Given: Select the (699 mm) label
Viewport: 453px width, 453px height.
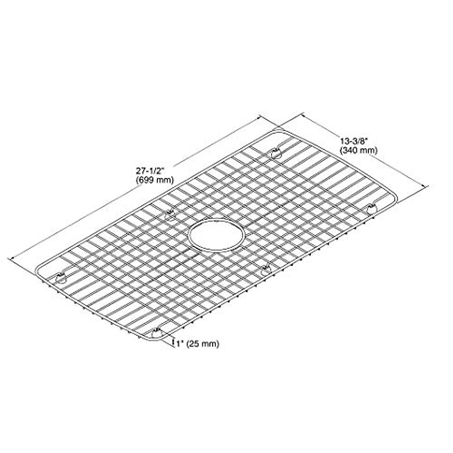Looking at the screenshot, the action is point(154,180).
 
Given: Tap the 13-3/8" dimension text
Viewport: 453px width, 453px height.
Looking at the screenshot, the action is point(353,142).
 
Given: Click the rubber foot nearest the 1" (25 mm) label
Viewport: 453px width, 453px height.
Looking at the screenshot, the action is point(156,333).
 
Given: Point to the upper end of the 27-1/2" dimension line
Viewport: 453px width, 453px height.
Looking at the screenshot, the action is point(259,117).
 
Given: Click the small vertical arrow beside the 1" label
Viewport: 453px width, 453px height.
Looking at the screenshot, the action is point(173,343).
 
